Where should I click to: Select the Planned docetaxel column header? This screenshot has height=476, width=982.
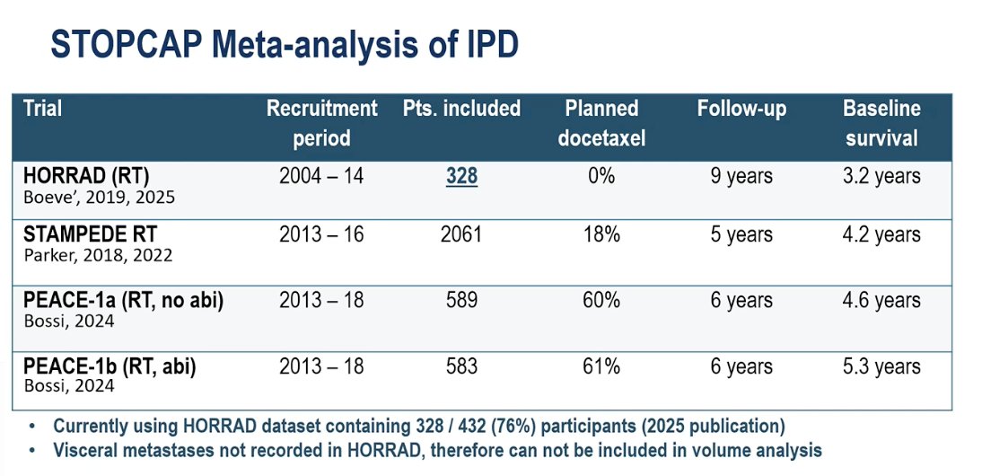[x=601, y=123]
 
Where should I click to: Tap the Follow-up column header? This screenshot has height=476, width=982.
[x=741, y=109]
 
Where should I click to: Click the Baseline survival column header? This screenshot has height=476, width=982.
[x=881, y=123]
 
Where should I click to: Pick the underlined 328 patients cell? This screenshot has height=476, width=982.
[x=462, y=177]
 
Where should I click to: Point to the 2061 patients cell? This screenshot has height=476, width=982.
[x=462, y=234]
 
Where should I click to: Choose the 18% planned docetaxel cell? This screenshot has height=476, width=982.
[x=601, y=234]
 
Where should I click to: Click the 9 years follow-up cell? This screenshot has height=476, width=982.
[x=741, y=177]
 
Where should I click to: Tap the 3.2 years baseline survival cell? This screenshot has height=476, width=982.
[x=881, y=177]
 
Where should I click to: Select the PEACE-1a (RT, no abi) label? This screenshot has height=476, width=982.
[x=123, y=301]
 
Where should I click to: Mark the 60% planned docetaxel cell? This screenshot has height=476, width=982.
[x=601, y=300]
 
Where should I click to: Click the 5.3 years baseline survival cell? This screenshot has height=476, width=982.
[x=881, y=366]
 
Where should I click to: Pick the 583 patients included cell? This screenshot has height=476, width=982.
[x=462, y=366]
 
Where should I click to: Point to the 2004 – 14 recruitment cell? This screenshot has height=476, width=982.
[x=321, y=177]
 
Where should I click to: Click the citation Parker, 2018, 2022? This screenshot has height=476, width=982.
[x=99, y=256]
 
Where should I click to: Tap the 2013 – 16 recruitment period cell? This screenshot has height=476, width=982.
[x=321, y=234]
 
